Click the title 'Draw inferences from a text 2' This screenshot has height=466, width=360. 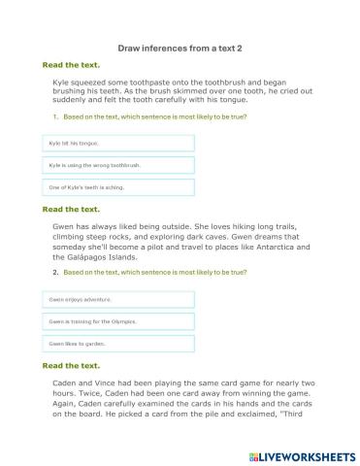tap(180, 46)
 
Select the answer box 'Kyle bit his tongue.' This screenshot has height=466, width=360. tap(117, 143)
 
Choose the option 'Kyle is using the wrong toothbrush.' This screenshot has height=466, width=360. tap(117, 165)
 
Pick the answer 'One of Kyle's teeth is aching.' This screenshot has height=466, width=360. tap(117, 187)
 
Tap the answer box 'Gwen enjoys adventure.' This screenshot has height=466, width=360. tap(117, 299)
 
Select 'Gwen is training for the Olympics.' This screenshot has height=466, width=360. tap(117, 321)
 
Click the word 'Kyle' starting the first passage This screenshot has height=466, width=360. tap(62, 83)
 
